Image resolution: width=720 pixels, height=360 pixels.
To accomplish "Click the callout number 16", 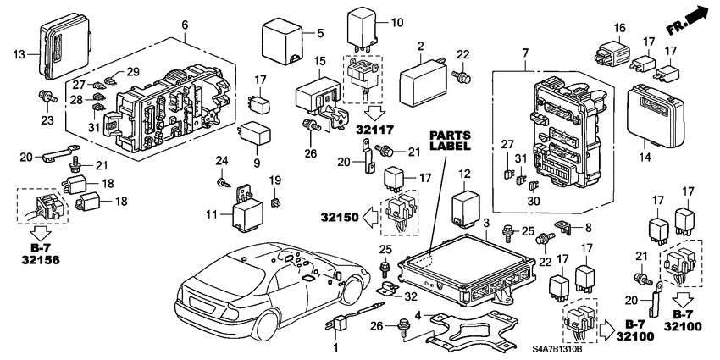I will point(620,28).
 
